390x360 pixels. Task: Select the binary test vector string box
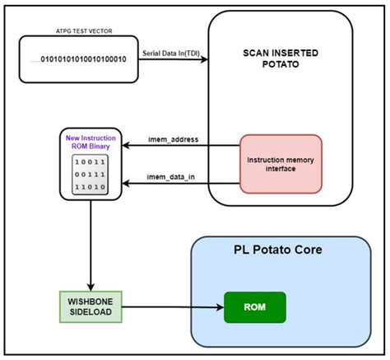pyautogui.click(x=72, y=60)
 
